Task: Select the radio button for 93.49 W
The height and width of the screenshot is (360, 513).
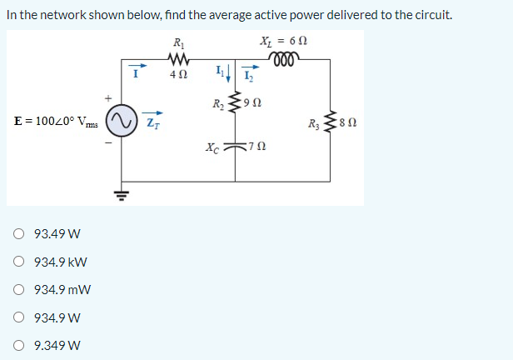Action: point(19,233)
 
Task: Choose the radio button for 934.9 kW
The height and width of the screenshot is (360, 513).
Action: point(19,262)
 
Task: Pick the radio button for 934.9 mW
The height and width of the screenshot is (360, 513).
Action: point(19,290)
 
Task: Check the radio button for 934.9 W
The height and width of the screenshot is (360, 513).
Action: point(19,317)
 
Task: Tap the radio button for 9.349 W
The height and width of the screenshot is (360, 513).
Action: point(19,345)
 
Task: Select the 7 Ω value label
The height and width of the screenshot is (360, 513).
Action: point(257,148)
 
